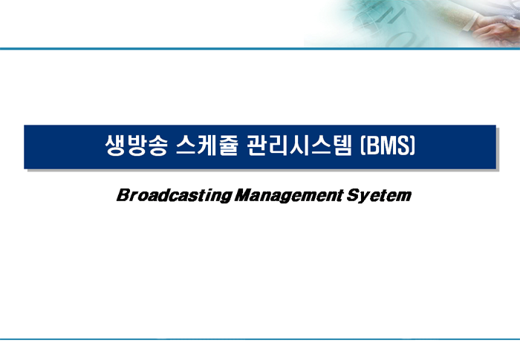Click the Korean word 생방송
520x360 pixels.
136,145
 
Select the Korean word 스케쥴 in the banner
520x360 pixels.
207,145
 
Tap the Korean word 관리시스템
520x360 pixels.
299,145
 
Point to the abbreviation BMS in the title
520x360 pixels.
388,145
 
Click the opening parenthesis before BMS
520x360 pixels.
363,145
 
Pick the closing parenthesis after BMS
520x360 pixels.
413,145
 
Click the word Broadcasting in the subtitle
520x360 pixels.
174,195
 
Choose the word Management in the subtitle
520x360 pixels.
288,195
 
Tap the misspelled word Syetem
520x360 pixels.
379,195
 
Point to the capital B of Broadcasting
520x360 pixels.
123,195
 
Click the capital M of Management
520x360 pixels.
244,195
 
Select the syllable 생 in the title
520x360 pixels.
114,145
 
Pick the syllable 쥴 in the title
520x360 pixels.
229,145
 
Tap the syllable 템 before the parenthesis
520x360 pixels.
342,145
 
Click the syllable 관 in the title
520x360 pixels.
257,145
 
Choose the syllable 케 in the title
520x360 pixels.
207,145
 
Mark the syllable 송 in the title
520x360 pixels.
157,145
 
